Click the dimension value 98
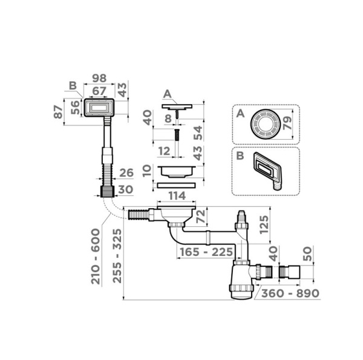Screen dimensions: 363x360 (99, 78)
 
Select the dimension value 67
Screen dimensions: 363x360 (99, 91)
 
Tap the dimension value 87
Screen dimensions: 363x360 (58, 111)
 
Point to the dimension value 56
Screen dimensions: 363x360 (75, 108)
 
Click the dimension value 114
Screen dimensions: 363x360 (177, 196)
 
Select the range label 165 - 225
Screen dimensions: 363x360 (206, 252)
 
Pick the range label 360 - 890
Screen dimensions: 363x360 (290, 293)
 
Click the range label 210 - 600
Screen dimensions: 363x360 (96, 257)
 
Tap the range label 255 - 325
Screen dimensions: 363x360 (117, 256)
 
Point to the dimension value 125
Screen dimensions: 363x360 (264, 225)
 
